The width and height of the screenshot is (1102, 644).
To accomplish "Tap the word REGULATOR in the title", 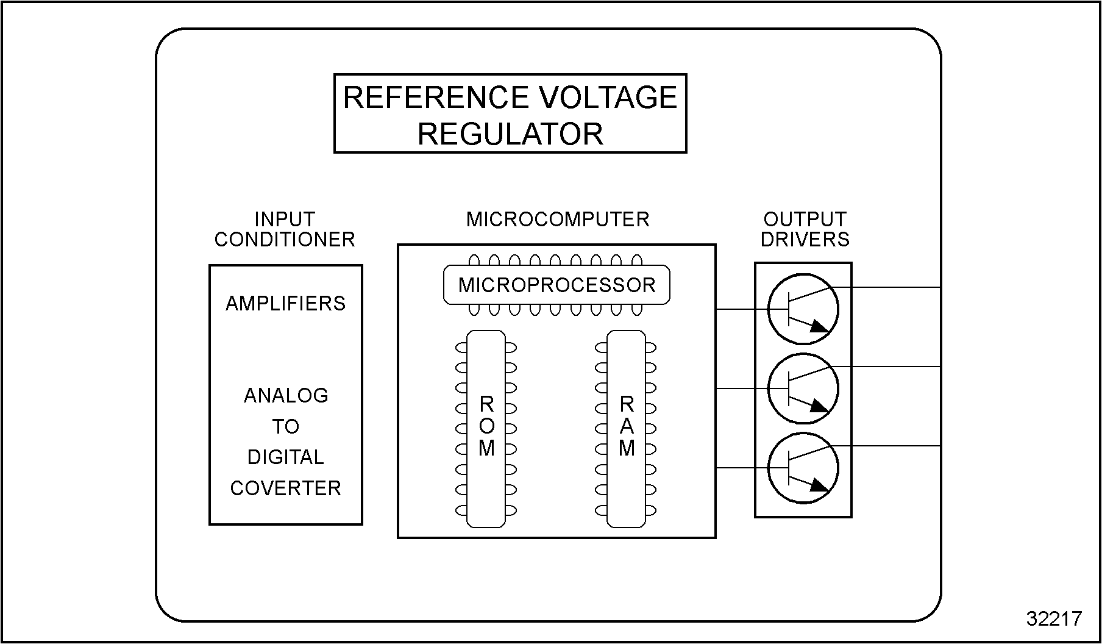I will (x=510, y=134).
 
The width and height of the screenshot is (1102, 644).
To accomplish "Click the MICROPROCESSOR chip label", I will (x=556, y=285).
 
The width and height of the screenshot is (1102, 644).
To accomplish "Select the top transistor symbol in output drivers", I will (x=803, y=309).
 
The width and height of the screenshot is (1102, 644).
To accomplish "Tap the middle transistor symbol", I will (x=803, y=388).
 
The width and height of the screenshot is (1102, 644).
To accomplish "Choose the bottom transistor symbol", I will (x=803, y=468).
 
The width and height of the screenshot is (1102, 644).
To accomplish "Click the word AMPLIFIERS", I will (x=285, y=304).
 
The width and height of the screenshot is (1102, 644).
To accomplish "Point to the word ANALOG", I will (x=286, y=396).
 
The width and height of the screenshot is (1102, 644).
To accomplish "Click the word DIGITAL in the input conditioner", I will (x=285, y=457).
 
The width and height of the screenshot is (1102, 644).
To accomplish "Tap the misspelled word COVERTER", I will (x=285, y=488).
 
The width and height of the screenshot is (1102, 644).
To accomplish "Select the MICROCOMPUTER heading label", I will (x=558, y=220).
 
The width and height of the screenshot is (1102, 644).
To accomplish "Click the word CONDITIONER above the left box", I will (x=285, y=240).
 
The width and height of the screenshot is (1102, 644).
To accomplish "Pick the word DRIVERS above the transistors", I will (x=805, y=240).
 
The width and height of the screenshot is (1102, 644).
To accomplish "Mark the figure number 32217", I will (x=1054, y=619).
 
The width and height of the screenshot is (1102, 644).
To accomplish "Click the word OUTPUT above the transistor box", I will (x=805, y=220).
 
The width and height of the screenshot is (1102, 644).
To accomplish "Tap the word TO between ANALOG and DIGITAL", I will (x=285, y=426).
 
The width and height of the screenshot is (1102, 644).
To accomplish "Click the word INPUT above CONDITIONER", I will (x=285, y=220).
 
